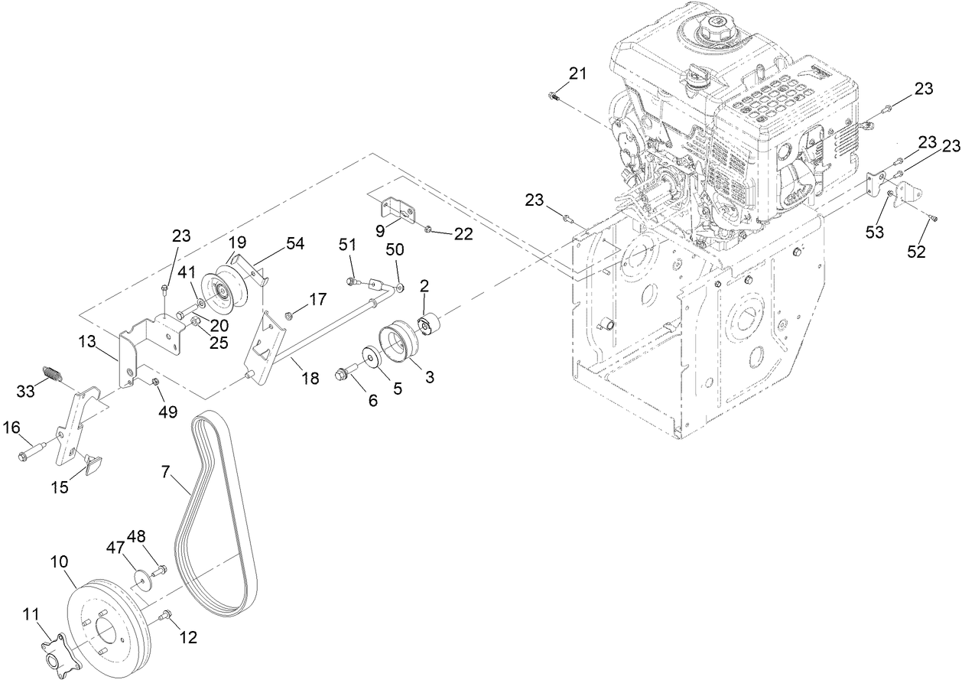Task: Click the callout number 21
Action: click(577, 73)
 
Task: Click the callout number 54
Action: click(295, 244)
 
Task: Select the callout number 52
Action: click(916, 252)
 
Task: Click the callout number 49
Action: click(167, 412)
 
